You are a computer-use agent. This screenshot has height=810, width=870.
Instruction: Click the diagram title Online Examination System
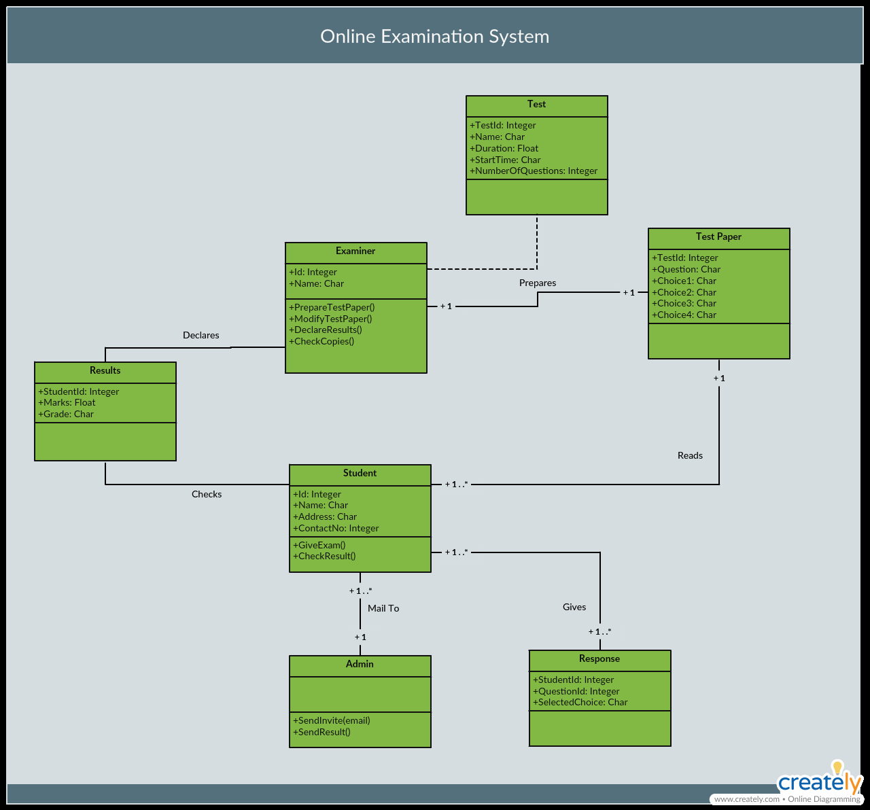(x=434, y=36)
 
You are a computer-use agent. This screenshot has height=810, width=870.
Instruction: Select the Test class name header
(x=537, y=104)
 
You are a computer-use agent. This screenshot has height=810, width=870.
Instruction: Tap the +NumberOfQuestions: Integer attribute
(x=534, y=171)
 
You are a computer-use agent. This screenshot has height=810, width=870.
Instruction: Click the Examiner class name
(x=355, y=251)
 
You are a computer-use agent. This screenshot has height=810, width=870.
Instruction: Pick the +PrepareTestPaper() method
(x=332, y=307)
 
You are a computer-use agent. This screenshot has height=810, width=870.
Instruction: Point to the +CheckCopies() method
(x=321, y=341)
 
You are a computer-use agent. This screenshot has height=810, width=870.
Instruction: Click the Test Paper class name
(x=718, y=236)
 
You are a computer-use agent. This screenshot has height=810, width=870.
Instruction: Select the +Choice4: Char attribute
(x=684, y=315)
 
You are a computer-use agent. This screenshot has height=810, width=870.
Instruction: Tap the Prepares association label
(x=538, y=283)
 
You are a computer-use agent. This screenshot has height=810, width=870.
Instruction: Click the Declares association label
(x=201, y=335)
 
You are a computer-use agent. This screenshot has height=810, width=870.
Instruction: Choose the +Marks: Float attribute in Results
(x=67, y=402)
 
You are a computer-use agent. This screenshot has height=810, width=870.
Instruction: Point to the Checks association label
(x=207, y=494)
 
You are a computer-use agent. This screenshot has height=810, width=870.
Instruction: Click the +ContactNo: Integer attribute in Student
(x=336, y=528)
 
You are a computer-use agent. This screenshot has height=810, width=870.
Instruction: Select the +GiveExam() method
(x=319, y=545)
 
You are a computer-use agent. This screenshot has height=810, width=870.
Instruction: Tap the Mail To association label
(x=383, y=608)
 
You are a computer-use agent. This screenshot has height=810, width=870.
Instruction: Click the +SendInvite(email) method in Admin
(x=331, y=720)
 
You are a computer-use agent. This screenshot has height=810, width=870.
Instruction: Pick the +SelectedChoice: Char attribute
(x=580, y=702)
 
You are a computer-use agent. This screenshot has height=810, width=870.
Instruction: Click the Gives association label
(x=574, y=607)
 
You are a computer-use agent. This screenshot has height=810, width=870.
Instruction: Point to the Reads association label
(x=690, y=455)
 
